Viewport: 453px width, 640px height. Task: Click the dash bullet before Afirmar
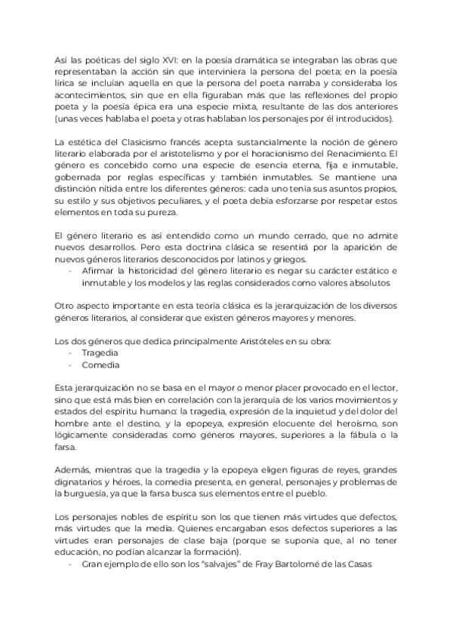click(70, 269)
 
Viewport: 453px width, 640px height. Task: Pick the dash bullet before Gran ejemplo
click(70, 564)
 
